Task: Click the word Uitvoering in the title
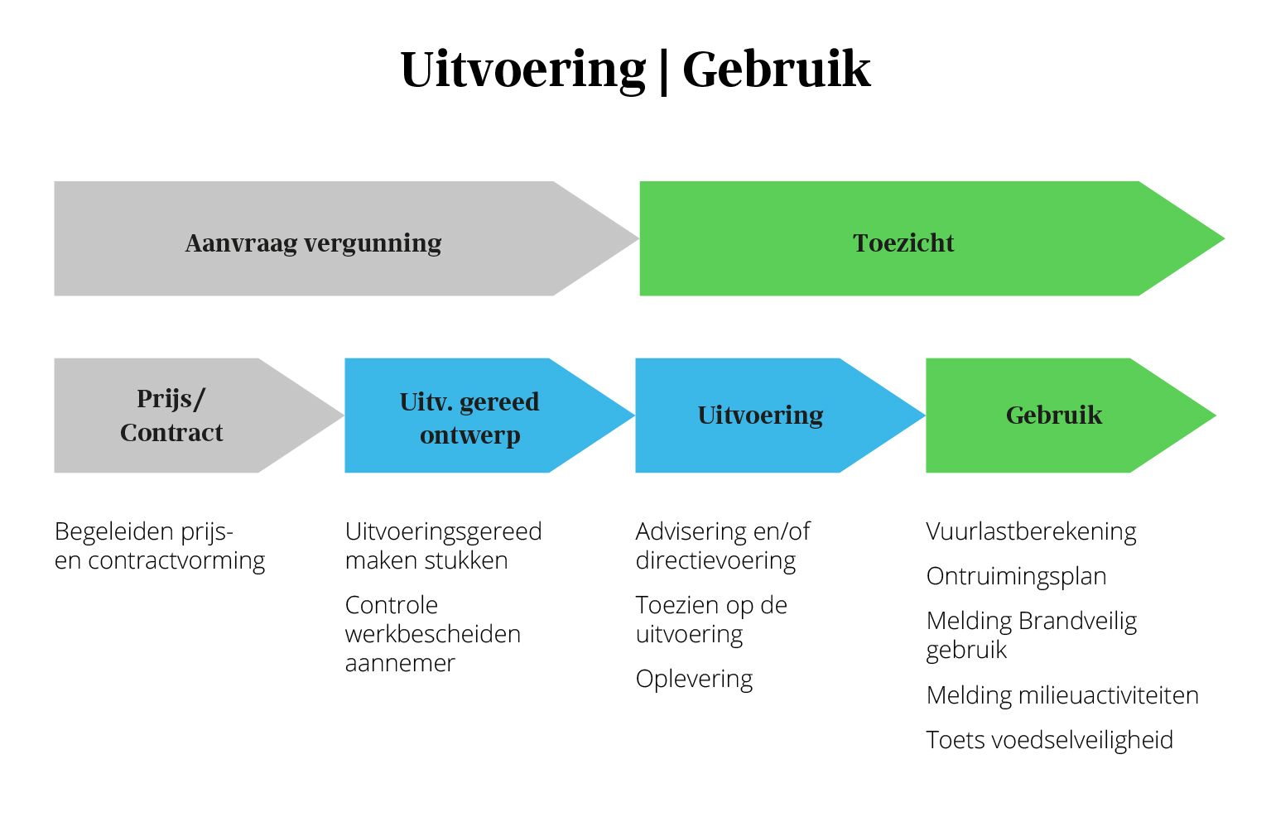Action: [x=523, y=70]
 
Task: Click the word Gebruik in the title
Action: [x=776, y=70]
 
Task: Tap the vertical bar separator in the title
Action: [x=664, y=72]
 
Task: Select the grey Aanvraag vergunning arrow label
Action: [x=313, y=243]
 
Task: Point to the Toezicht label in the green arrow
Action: [x=903, y=243]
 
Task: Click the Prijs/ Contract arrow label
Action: [x=171, y=415]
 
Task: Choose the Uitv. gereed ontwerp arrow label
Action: [x=469, y=419]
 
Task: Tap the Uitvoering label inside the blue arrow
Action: [x=760, y=415]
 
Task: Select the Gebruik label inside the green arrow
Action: [x=1054, y=415]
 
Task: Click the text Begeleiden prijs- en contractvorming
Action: [x=160, y=546]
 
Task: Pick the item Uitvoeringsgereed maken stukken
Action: [x=443, y=546]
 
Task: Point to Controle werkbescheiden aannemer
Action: [x=433, y=634]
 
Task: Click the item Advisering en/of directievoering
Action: [x=723, y=546]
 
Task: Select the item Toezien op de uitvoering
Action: [x=711, y=620]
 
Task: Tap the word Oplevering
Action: [x=694, y=680]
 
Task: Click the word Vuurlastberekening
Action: [x=1031, y=532]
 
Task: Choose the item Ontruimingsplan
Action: [x=1016, y=577]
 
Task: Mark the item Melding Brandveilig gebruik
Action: [x=1032, y=636]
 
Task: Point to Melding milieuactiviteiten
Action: [x=1062, y=695]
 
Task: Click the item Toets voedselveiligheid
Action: [x=1049, y=740]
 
